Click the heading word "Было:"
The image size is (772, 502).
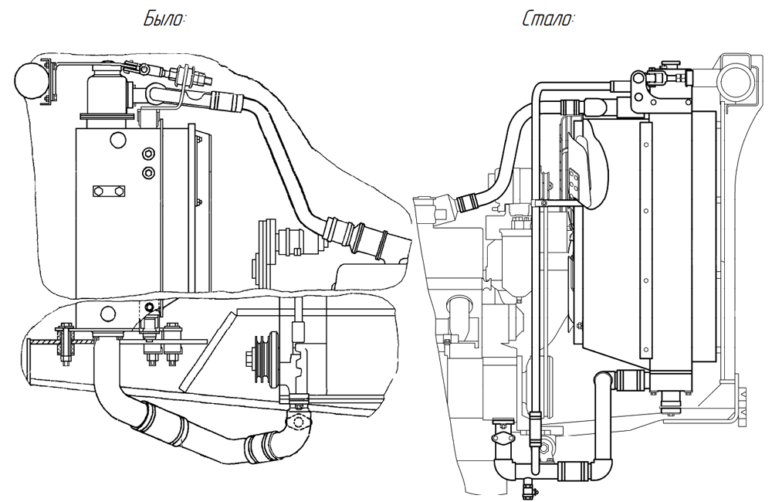(x=164, y=19)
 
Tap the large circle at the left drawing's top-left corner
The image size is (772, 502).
(x=32, y=81)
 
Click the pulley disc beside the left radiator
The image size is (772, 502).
(x=265, y=247)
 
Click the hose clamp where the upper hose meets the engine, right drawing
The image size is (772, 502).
(x=468, y=205)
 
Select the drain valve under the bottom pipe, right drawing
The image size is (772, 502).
(x=528, y=487)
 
